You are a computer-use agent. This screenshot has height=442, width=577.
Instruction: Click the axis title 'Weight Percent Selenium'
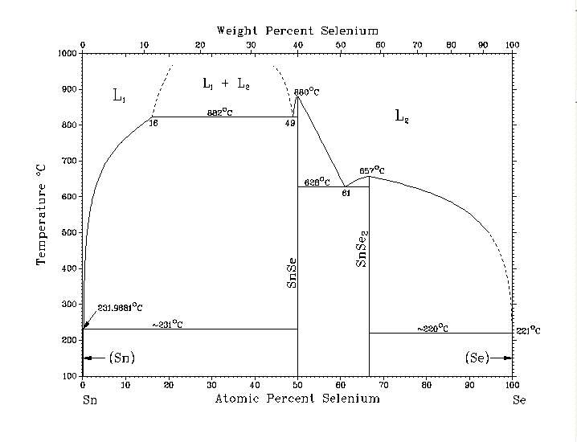[x=297, y=31]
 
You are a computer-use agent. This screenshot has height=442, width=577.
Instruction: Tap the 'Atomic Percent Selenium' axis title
[x=297, y=399]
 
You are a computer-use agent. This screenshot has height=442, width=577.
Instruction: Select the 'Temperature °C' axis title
[x=41, y=214]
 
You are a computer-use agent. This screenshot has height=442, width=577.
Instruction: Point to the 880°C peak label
[x=306, y=92]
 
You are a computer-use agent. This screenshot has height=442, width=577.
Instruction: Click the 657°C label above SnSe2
[x=372, y=170]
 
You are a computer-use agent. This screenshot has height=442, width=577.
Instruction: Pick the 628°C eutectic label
[x=319, y=182]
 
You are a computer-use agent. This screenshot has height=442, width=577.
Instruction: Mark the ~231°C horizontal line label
[x=167, y=325]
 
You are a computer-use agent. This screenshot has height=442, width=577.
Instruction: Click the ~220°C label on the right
[x=432, y=329]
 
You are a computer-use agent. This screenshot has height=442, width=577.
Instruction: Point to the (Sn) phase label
[x=121, y=358]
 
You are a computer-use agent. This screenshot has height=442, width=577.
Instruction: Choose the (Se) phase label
[x=477, y=358]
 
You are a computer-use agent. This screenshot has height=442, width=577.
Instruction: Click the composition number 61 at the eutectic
[x=346, y=194]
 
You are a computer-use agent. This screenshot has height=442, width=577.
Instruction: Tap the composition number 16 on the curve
[x=153, y=125]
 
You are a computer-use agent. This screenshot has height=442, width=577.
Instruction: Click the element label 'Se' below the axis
[x=518, y=399]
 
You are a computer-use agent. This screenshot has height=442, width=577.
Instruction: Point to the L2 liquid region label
[x=403, y=116]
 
